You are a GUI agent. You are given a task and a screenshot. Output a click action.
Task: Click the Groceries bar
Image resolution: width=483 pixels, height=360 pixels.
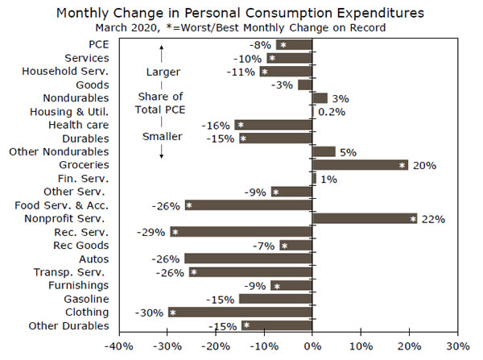[360, 165]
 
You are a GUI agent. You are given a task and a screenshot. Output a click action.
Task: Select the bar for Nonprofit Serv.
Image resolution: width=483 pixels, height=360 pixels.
[364, 218]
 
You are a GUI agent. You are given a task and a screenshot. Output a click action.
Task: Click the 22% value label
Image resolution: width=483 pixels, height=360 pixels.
[432, 218]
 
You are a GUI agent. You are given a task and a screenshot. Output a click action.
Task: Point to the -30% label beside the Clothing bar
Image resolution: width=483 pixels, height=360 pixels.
[151, 312]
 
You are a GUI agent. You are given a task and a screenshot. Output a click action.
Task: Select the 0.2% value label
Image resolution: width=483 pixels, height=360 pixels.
[331, 111]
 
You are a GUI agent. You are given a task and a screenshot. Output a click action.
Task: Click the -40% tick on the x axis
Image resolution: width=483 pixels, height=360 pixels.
[119, 346]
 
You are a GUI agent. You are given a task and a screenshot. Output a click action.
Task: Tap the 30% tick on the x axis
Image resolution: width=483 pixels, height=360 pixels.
[457, 346]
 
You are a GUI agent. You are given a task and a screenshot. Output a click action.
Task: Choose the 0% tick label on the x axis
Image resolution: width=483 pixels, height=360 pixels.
[312, 346]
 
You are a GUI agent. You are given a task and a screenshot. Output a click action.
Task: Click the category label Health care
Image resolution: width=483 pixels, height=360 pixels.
[82, 125]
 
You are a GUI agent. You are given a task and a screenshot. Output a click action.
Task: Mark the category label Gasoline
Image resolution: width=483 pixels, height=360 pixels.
[87, 299]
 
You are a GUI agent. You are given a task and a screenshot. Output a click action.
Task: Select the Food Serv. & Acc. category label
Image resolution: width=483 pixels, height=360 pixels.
[72, 205]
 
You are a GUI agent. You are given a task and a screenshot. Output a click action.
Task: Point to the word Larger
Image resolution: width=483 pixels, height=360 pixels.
[163, 72]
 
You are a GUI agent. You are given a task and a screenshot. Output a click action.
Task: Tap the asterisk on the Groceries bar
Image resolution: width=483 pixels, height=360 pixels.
[402, 165]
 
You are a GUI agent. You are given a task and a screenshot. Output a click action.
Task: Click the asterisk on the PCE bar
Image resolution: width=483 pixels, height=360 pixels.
[283, 44]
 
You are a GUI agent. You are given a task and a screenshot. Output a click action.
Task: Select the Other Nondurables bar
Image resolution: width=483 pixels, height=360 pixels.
[324, 151]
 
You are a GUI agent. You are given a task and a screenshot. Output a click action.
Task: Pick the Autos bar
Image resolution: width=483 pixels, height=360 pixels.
[248, 259]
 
